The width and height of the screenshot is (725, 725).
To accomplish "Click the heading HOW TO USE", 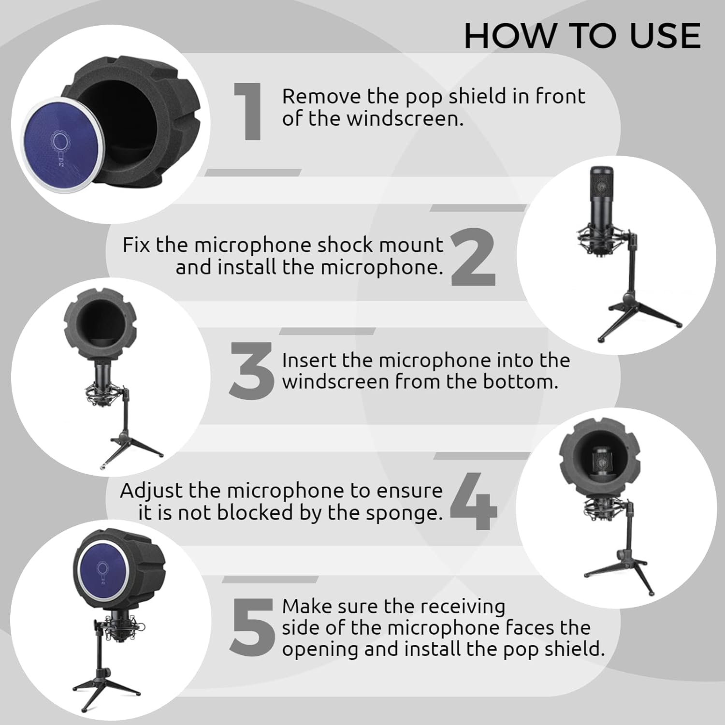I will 582,36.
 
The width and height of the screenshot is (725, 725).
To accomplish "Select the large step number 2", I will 473,257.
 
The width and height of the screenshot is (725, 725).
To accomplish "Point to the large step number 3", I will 251,371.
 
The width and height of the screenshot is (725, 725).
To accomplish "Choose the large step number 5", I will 252,627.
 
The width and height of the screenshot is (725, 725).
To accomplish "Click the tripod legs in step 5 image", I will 104,686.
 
